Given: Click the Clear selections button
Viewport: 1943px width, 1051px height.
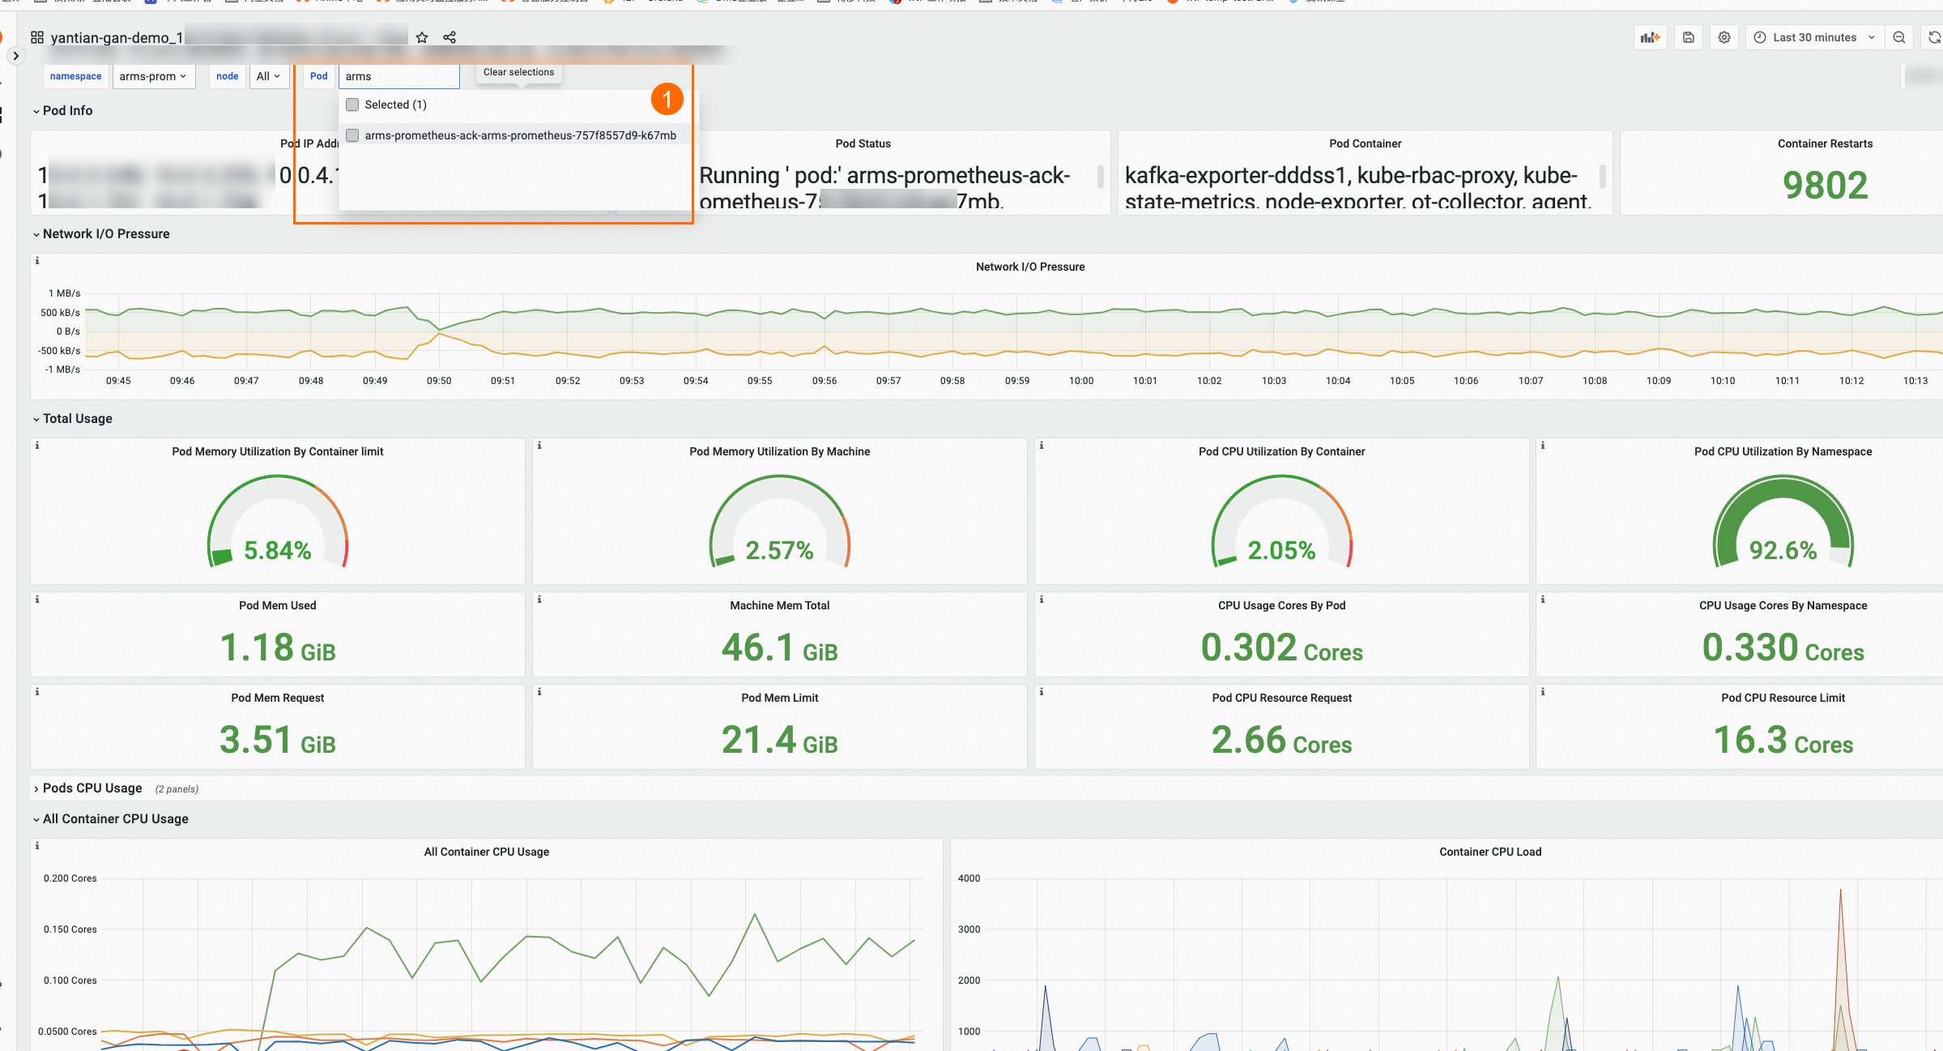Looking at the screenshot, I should click(x=518, y=72).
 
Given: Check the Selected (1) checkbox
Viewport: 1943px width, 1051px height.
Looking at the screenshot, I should click(x=352, y=105).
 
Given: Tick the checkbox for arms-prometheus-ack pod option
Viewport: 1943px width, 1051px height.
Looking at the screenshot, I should click(x=352, y=135).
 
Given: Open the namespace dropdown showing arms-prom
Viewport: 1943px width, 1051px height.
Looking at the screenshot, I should click(x=153, y=76).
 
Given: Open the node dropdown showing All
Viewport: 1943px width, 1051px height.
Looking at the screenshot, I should click(x=268, y=76).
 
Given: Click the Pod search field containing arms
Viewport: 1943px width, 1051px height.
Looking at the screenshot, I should click(x=398, y=76).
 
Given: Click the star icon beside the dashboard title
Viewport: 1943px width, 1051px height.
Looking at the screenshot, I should click(x=422, y=37).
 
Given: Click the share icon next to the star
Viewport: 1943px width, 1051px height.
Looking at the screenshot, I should click(x=450, y=37).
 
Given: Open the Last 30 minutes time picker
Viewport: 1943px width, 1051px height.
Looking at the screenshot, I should click(x=1813, y=37).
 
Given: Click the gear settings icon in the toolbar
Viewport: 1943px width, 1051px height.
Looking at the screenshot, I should click(x=1724, y=37).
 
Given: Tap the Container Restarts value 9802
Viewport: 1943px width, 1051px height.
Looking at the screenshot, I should click(x=1825, y=186).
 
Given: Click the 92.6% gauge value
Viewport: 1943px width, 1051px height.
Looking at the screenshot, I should click(x=1783, y=550).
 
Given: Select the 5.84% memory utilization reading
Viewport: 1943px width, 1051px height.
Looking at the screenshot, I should click(x=278, y=550).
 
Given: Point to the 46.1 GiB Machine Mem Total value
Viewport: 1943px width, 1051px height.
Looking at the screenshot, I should click(x=779, y=647).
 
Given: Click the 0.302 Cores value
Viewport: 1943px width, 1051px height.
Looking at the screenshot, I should click(x=1281, y=647).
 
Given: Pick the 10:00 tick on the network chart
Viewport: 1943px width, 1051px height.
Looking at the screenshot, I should click(x=1081, y=381).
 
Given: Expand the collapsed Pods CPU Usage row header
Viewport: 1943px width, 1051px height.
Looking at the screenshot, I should click(x=92, y=788).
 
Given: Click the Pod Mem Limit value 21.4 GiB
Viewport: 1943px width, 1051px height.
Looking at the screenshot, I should click(x=779, y=740).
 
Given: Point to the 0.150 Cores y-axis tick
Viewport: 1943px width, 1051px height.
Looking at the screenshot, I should click(x=70, y=929).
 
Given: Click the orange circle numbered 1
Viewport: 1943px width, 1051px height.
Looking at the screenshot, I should click(x=667, y=100).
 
